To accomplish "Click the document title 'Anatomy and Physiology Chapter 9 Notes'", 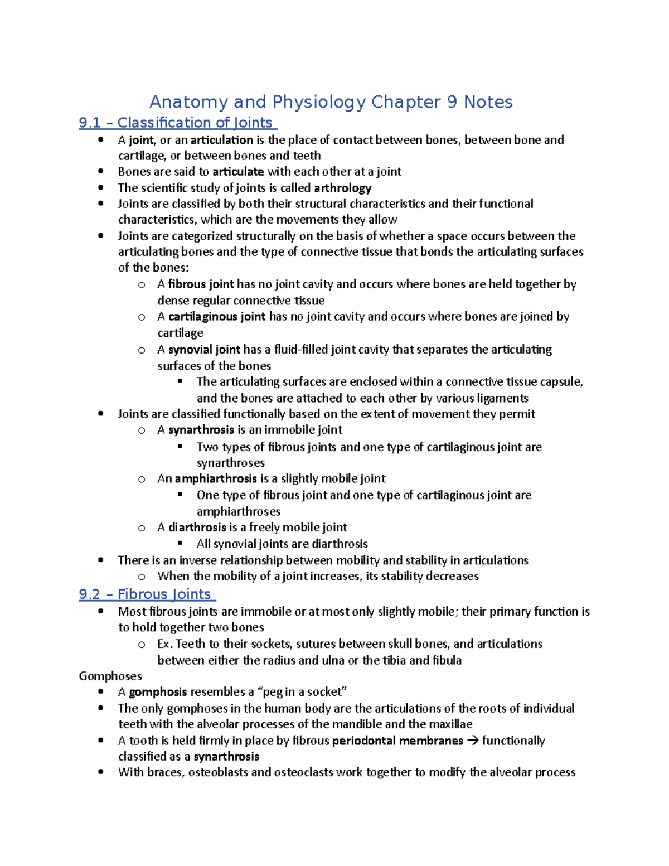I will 331,102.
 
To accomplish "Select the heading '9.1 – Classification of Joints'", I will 177,123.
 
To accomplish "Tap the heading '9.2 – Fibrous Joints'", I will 147,594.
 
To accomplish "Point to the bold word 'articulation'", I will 221,140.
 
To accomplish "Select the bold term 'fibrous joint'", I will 201,284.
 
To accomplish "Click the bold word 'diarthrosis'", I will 197,528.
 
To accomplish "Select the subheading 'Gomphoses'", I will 110,676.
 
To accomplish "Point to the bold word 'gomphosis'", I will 158,692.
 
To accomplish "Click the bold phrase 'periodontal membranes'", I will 397,741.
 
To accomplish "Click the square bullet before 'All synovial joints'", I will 180,543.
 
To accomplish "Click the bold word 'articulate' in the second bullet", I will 238,172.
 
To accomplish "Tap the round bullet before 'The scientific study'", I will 100,188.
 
